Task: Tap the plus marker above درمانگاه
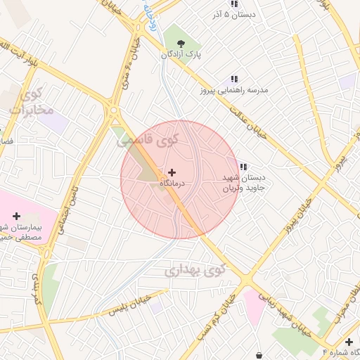click(172, 172)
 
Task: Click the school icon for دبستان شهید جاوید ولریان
click(243, 167)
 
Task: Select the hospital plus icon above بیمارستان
click(17, 216)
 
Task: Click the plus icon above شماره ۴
click(349, 341)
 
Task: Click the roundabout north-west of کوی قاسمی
click(113, 110)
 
